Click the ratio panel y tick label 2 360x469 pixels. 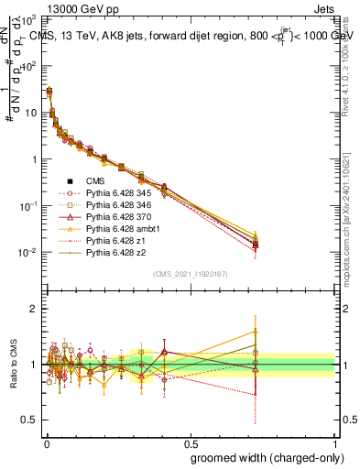point(35,309)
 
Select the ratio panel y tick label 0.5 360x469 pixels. point(31,420)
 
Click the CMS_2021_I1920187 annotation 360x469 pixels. point(190,274)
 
